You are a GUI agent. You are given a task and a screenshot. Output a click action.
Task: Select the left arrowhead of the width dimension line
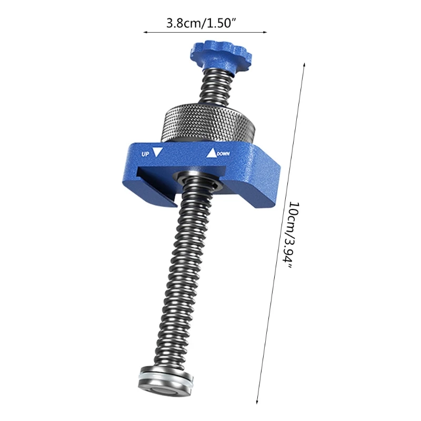[x=145, y=33]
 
